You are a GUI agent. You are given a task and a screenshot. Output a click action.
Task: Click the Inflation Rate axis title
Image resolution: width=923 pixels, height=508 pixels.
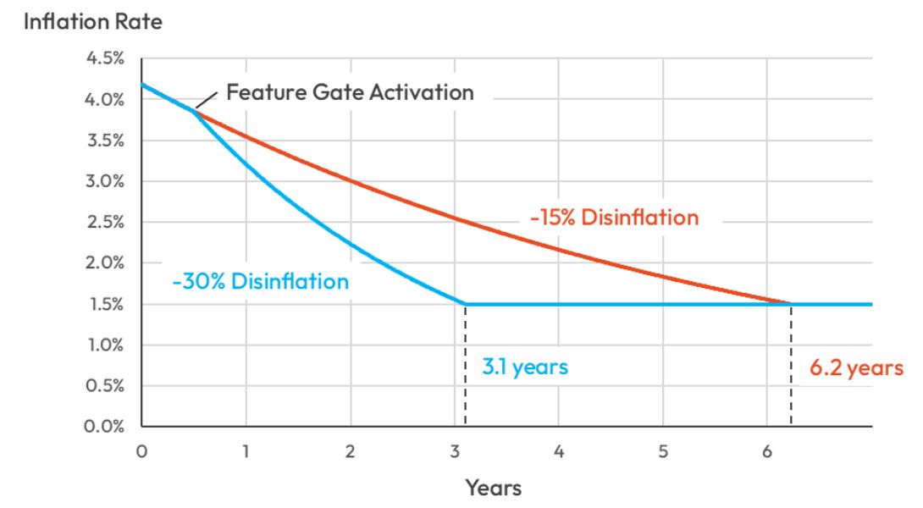92,22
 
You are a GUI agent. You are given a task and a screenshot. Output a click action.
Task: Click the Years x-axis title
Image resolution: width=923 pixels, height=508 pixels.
493,488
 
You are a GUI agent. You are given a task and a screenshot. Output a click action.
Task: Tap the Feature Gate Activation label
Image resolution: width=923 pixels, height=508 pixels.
350,92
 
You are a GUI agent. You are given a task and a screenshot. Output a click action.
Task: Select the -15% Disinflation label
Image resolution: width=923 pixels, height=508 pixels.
614,218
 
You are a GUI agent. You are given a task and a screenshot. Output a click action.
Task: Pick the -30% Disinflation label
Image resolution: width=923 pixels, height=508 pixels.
260,281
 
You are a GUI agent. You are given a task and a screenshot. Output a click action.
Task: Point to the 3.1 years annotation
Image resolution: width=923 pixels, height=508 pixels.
524,367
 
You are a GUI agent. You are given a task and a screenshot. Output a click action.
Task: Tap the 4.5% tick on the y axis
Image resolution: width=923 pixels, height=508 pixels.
105,59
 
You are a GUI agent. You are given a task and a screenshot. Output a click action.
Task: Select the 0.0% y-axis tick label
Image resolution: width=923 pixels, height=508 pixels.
105,426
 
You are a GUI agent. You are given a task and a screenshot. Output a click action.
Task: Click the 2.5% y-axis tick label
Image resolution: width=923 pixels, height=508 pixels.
105,223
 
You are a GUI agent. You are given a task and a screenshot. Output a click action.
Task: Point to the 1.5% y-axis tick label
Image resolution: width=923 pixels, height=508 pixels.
105,304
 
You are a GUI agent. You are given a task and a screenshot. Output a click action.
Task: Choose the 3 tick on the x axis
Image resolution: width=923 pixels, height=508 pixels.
454,451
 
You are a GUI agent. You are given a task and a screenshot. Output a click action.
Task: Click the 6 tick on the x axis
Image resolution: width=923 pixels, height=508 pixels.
767,451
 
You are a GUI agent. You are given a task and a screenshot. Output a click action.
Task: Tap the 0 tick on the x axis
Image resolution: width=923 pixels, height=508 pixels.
141,451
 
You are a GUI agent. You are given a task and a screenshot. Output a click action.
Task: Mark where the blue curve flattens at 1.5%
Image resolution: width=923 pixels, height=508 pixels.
465,304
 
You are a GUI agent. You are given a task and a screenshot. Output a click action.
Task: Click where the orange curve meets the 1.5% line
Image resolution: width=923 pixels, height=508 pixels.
791,304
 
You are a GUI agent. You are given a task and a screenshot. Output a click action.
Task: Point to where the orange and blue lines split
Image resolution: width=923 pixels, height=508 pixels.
194,110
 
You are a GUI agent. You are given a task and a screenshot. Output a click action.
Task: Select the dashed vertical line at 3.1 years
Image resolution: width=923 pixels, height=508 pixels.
465,364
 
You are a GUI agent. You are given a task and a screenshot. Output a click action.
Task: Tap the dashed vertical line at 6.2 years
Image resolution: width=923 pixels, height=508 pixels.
791,364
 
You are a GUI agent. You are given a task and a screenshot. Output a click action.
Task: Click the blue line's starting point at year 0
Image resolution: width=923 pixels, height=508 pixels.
142,84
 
